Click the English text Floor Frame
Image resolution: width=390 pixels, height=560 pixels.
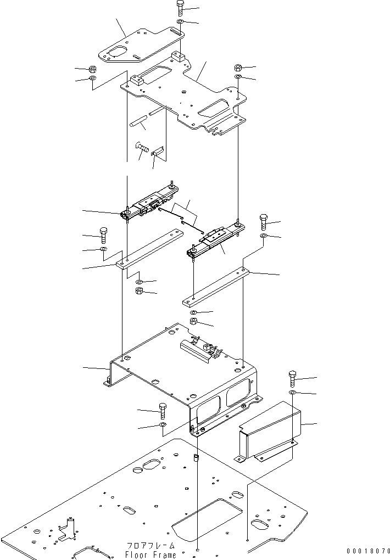pos(151,555)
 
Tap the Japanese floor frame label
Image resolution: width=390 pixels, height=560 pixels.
pos(151,546)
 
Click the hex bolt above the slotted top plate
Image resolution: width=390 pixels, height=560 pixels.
pos(181,9)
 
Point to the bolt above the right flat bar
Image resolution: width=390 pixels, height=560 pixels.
pos(264,222)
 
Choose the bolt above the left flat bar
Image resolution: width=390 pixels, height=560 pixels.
pos(103,235)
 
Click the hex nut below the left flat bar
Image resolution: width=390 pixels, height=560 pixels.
pos(139,290)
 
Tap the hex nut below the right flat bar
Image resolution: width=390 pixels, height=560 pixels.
pos(194,322)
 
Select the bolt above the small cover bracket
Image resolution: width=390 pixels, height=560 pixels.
pos(292,378)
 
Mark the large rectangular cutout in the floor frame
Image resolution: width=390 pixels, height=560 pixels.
pos(207,519)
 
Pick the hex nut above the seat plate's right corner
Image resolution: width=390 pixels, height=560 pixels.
pos(238,68)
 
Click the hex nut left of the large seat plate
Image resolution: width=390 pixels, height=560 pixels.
pos(93,70)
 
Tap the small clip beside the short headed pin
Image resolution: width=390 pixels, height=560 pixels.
pos(159,150)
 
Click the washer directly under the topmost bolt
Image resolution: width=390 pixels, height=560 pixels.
pos(181,23)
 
